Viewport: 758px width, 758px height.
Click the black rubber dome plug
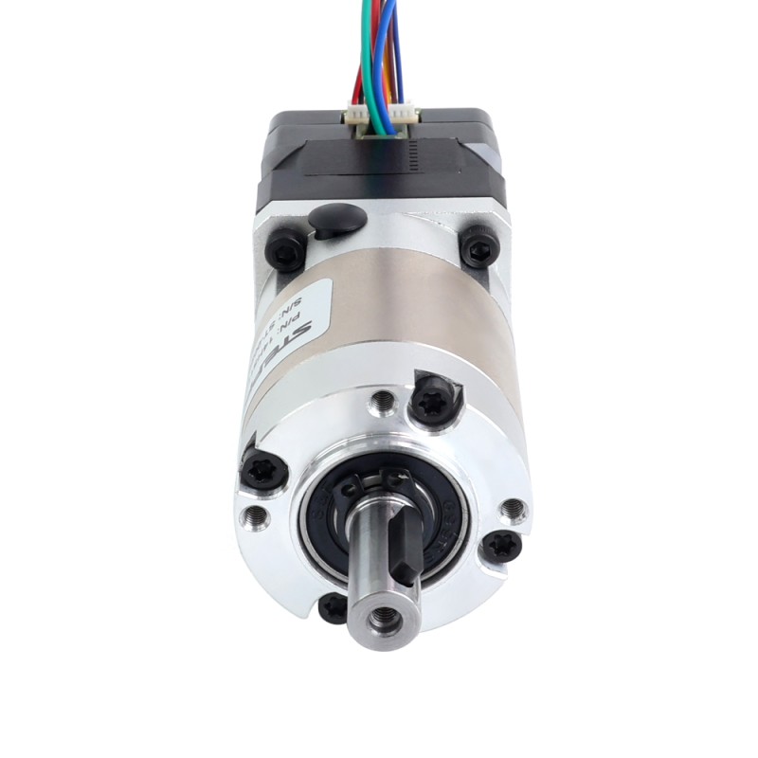336,219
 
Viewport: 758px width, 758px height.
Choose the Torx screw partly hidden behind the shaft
331,607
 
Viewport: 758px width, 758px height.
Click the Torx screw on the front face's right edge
499,547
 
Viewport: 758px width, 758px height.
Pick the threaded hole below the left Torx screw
255,517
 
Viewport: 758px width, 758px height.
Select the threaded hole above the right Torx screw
512,510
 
